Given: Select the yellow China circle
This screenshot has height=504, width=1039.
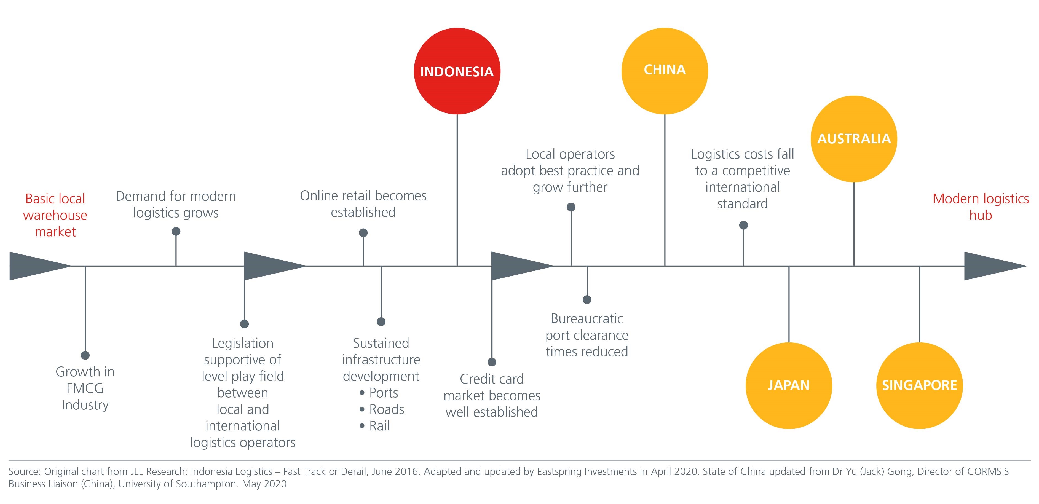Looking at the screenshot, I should pyautogui.click(x=665, y=71).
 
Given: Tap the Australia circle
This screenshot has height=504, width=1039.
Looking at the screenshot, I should pyautogui.click(x=854, y=139).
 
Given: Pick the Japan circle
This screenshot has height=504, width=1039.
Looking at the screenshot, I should pyautogui.click(x=789, y=385).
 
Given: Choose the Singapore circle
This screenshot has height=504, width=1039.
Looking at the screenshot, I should pyautogui.click(x=919, y=385).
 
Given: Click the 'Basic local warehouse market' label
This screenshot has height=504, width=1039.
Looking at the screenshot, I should pyautogui.click(x=55, y=215).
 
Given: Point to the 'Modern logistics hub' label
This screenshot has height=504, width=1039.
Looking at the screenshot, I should pyautogui.click(x=981, y=207).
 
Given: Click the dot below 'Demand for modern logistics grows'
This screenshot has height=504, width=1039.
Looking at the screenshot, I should pyautogui.click(x=176, y=231).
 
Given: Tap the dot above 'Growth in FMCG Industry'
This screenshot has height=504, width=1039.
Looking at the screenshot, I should pyautogui.click(x=85, y=355).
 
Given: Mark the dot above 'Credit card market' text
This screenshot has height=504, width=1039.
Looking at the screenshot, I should pyautogui.click(x=492, y=362).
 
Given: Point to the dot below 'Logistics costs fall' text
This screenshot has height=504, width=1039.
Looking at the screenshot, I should pyautogui.click(x=743, y=225).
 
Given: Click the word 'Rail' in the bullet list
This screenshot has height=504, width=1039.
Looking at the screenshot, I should pyautogui.click(x=379, y=426).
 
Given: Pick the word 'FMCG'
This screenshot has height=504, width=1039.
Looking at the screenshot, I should pyautogui.click(x=85, y=388).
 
